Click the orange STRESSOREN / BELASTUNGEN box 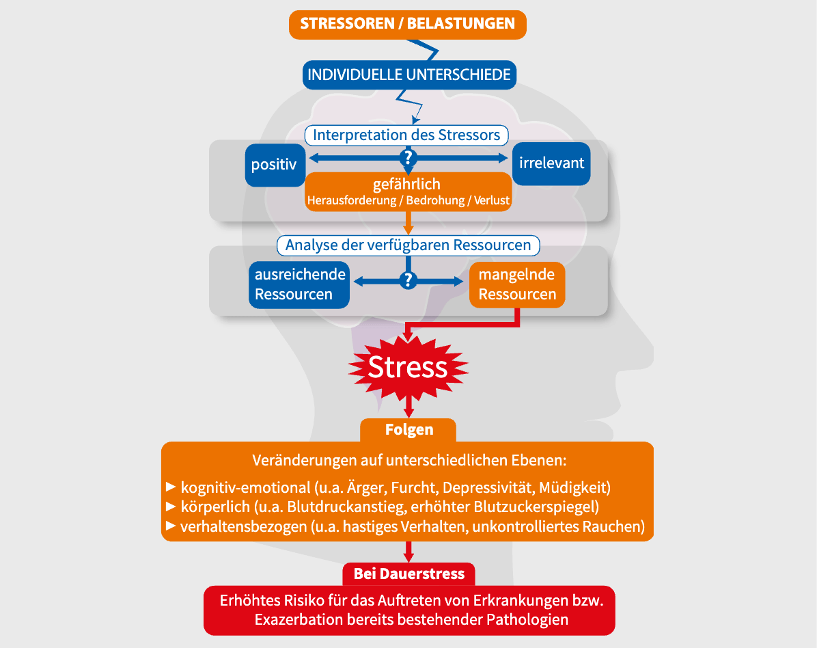(408, 24)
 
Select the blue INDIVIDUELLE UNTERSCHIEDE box (408, 75)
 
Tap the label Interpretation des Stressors (406, 135)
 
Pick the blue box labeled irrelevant (551, 164)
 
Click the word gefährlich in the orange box (407, 185)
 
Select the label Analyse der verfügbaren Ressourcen (408, 245)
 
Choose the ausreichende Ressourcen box (299, 284)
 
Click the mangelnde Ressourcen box (517, 284)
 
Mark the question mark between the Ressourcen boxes (408, 280)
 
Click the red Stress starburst (408, 367)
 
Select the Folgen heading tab (408, 430)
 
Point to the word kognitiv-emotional (245, 488)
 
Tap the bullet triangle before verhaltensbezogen (171, 526)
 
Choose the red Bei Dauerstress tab (408, 573)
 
